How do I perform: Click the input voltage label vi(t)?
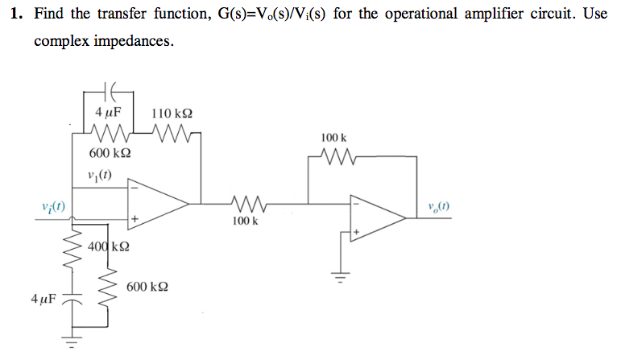coord(52,207)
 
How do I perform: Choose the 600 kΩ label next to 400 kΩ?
coord(147,287)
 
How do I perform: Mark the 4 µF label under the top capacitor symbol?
coord(107,114)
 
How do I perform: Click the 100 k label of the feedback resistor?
coord(333,139)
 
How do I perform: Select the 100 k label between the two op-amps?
coord(243,221)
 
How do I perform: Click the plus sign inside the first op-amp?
coord(135,219)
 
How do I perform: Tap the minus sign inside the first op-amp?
coord(135,188)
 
